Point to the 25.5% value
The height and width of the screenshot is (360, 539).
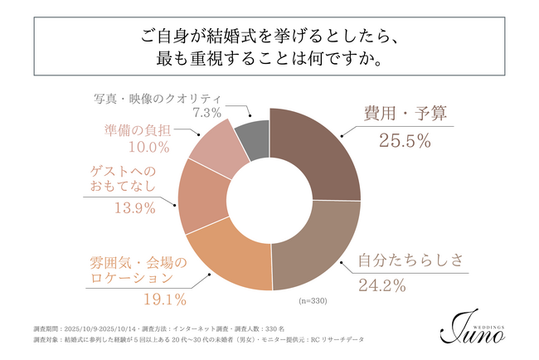(404, 141)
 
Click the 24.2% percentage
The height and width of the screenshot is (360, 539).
(383, 288)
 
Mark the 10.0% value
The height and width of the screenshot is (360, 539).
(149, 147)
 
